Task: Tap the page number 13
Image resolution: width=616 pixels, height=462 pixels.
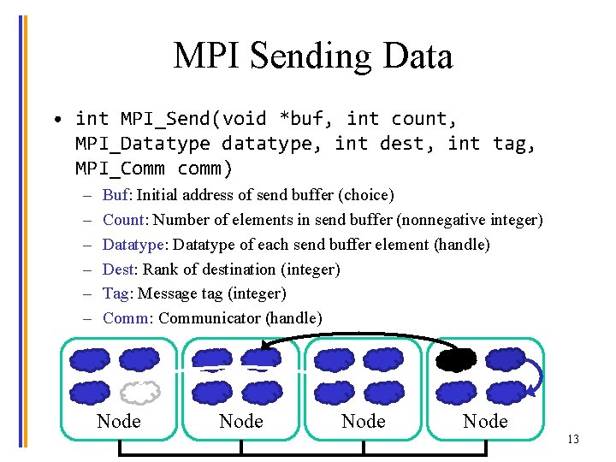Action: (x=572, y=440)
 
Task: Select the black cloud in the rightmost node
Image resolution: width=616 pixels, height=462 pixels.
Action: (x=455, y=359)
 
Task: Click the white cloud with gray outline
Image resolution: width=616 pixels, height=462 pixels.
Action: (x=139, y=392)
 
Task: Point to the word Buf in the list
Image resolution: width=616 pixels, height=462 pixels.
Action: (x=115, y=195)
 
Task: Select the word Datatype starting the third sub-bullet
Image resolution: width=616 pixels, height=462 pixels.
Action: (x=133, y=245)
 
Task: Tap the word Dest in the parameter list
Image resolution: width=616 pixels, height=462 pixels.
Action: (x=118, y=269)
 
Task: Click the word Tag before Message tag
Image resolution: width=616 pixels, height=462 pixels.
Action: (x=115, y=293)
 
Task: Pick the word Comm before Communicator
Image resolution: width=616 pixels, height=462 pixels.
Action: (x=125, y=318)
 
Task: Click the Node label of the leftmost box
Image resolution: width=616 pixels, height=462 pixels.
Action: (x=119, y=421)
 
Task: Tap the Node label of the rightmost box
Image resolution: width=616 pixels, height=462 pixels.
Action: (x=485, y=421)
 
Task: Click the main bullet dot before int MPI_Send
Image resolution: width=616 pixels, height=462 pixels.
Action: (x=54, y=119)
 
